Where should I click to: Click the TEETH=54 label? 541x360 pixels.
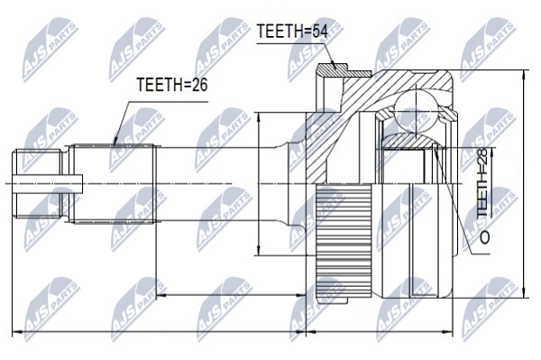292,32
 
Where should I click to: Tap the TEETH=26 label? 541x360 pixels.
172,85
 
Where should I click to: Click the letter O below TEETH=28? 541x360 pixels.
483,237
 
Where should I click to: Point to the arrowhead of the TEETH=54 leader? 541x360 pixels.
334,65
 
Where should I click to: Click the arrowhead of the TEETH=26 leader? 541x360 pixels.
115,142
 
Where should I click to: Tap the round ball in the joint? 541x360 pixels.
417,112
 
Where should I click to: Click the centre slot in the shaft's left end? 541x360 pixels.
48,183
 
